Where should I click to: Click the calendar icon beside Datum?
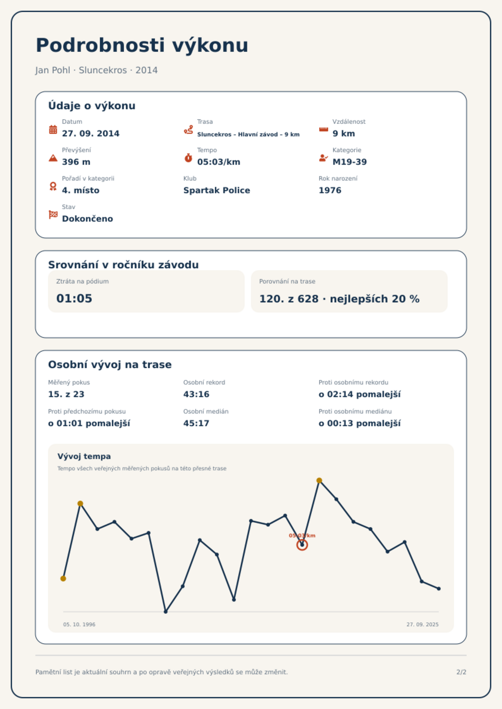click(53, 129)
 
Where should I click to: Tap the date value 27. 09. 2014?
click(91, 134)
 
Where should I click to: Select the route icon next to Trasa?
click(188, 129)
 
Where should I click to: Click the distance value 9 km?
click(344, 134)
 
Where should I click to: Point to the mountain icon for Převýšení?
click(53, 158)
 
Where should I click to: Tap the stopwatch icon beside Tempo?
click(188, 158)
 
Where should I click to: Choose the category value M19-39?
click(350, 162)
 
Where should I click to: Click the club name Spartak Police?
click(217, 190)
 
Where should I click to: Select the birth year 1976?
click(330, 190)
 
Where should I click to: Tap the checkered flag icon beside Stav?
click(53, 215)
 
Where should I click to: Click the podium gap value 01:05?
click(74, 299)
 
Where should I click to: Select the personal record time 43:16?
click(196, 394)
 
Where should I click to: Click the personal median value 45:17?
click(196, 423)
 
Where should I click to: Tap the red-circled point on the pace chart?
click(302, 545)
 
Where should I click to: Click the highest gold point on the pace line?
click(319, 480)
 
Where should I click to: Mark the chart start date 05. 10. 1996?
click(79, 624)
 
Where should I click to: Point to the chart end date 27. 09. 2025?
click(423, 624)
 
